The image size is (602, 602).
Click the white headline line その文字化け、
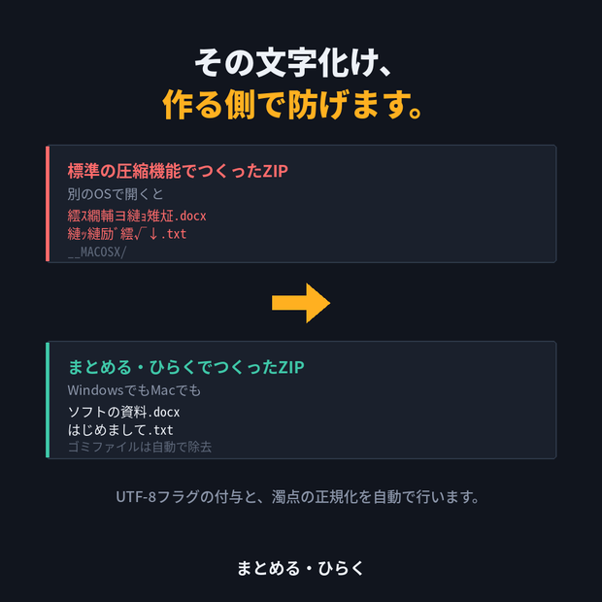(293, 62)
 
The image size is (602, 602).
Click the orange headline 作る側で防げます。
(292, 104)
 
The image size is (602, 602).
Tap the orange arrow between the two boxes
(301, 303)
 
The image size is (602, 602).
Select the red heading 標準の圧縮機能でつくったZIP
(178, 171)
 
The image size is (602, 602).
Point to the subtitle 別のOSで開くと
(116, 194)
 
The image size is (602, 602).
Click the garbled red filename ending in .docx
(137, 216)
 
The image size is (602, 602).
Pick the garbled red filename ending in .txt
(126, 233)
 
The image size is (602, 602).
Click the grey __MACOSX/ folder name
(97, 251)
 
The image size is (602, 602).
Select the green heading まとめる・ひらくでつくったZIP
(186, 367)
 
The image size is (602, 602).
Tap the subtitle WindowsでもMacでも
(134, 390)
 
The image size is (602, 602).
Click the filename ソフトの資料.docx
(123, 412)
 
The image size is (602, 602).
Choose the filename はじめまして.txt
(120, 429)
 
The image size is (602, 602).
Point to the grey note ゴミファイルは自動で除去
(140, 447)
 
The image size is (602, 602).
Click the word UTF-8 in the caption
(136, 497)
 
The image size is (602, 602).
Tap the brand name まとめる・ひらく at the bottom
(300, 568)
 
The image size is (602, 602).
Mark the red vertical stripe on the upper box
(48, 204)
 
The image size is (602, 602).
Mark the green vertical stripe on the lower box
(48, 400)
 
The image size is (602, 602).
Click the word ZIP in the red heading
(276, 171)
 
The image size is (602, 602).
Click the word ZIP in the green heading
(291, 367)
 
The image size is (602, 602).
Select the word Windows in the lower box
(95, 390)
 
